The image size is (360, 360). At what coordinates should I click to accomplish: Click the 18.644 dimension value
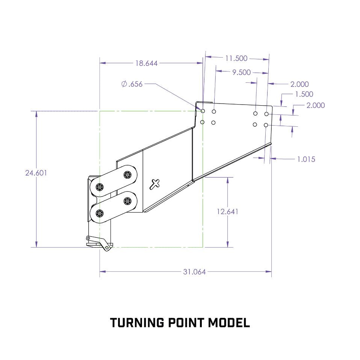click(146, 64)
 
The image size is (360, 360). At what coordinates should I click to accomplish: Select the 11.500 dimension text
click(236, 58)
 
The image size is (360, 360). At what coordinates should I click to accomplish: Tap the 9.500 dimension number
click(241, 72)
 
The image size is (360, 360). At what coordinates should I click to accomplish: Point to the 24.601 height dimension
click(36, 173)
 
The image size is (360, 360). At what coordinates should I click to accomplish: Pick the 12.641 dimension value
click(227, 211)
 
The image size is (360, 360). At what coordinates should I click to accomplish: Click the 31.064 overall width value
click(194, 272)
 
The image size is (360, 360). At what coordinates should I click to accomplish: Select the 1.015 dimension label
click(306, 159)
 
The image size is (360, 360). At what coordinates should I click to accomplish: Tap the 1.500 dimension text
click(304, 94)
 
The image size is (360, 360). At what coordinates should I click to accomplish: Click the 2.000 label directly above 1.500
click(299, 84)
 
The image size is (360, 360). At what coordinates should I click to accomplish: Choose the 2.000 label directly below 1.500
click(316, 105)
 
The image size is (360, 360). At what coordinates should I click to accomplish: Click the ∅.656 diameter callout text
click(132, 84)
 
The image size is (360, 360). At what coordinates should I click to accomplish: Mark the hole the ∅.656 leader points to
click(203, 111)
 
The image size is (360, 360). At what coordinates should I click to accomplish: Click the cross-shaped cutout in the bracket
click(154, 184)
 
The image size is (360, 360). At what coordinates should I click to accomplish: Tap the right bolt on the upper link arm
click(127, 175)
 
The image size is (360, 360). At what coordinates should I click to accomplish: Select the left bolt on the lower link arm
click(99, 214)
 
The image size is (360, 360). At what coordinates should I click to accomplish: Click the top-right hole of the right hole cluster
click(266, 114)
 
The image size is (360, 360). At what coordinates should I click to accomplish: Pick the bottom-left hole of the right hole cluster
click(255, 125)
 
